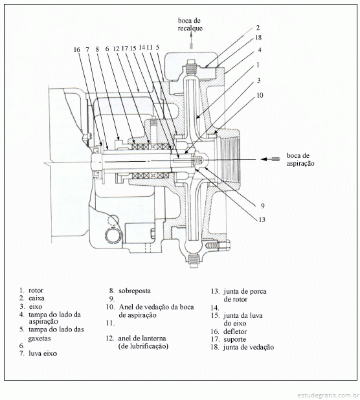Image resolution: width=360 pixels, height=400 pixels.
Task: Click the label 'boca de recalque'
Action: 190,25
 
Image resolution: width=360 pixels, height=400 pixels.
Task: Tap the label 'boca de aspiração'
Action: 300,159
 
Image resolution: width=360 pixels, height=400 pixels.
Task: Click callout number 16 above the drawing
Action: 77,49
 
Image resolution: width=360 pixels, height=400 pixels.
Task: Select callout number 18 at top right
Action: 258,38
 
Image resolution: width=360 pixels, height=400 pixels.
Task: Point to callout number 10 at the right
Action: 260,95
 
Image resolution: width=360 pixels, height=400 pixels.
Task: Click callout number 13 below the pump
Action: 262,219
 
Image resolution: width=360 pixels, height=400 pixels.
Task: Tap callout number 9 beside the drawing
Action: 262,206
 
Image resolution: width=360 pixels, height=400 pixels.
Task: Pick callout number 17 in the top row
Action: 125,48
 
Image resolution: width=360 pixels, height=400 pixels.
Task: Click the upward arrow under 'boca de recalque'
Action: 192,41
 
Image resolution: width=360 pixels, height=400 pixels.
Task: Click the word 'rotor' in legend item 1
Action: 36,291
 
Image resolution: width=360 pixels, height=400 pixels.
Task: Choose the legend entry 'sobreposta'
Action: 135,291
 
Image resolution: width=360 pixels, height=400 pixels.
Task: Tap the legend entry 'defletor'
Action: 235,331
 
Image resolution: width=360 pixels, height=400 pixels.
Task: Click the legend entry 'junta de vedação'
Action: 249,347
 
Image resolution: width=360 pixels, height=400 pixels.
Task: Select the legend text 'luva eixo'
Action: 43,353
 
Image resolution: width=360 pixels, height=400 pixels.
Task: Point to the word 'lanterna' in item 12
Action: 155,339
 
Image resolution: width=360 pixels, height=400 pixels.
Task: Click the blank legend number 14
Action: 215,308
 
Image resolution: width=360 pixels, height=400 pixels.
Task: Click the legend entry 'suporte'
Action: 235,340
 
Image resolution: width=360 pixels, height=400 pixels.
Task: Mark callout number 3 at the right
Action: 259,81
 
